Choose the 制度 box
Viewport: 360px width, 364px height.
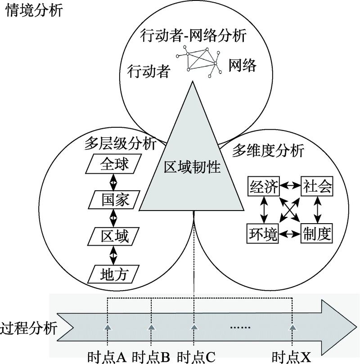317,234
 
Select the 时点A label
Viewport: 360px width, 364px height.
107,356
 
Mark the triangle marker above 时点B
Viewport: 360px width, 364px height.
152,327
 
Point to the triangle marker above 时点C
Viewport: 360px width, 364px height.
194,327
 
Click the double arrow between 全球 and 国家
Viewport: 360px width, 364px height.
113,182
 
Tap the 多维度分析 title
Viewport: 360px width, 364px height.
268,151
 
